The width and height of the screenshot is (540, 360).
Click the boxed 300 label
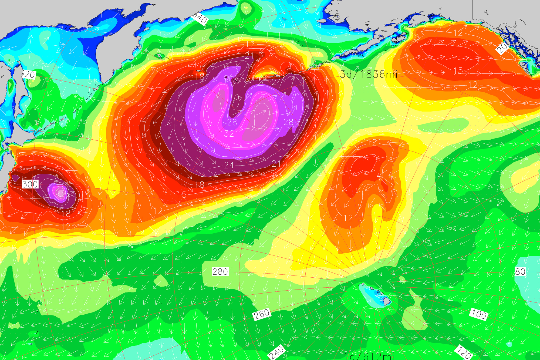[x=30, y=184]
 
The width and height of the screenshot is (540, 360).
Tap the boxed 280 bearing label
[x=220, y=271]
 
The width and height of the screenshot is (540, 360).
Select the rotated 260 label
[x=262, y=314]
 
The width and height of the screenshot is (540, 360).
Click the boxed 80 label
[x=520, y=271]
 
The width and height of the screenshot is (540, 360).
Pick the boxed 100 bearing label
[x=479, y=314]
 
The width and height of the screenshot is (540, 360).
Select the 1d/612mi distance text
[x=369, y=356]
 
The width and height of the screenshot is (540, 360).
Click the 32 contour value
[x=229, y=133]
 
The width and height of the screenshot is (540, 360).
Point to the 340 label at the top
[x=200, y=19]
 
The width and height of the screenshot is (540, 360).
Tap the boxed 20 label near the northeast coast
[x=502, y=48]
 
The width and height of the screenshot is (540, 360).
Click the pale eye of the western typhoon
[x=61, y=193]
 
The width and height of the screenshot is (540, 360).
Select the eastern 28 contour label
[x=288, y=122]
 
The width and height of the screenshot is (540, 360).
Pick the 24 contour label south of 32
[x=229, y=165]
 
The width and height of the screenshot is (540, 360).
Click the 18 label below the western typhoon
[x=66, y=214]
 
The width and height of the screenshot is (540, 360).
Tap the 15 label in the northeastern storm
[x=458, y=71]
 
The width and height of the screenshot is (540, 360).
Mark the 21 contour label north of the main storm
[x=249, y=56]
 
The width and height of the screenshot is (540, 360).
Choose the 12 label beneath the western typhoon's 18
[x=66, y=226]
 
